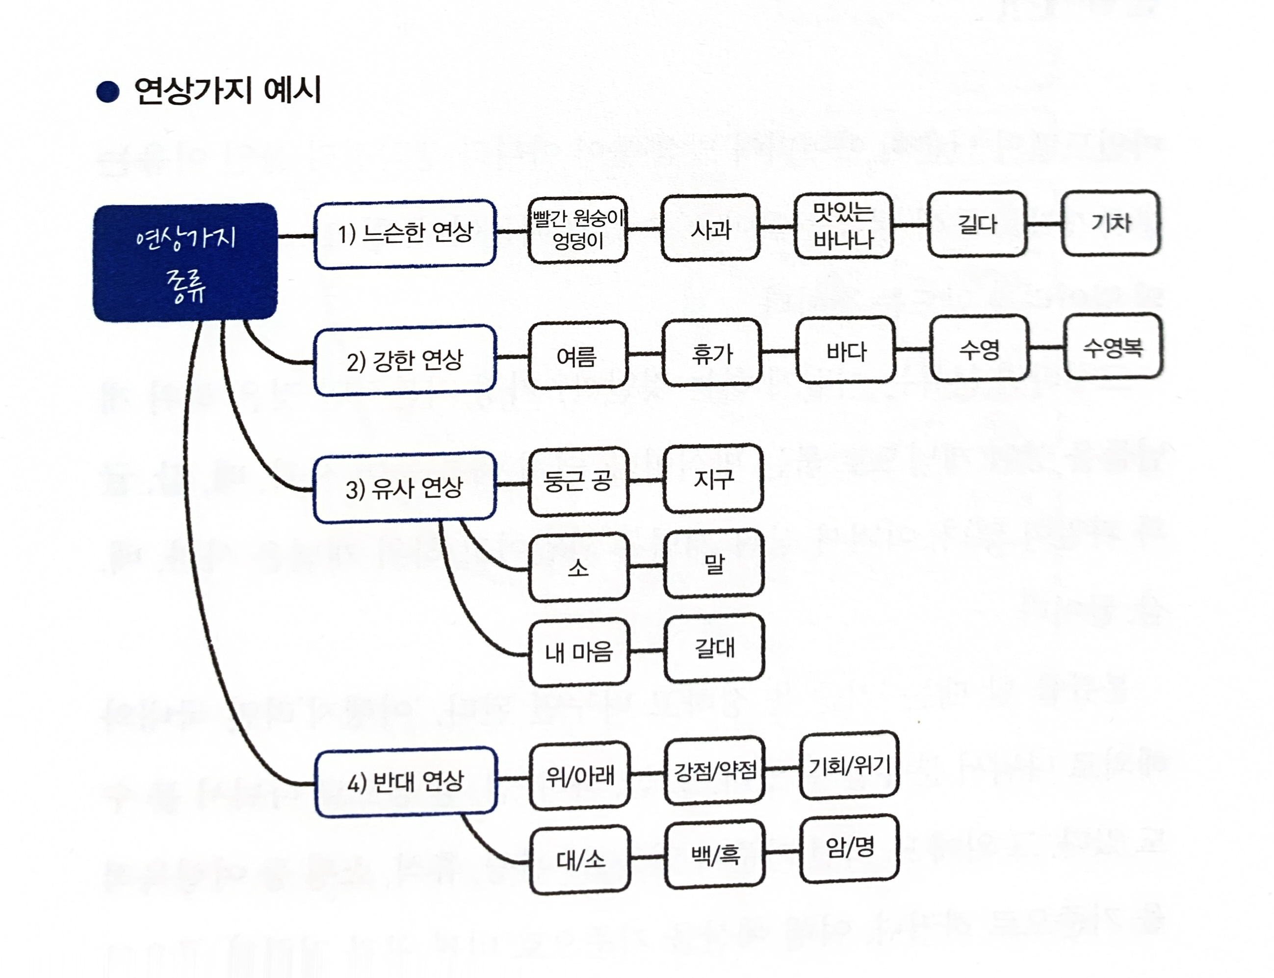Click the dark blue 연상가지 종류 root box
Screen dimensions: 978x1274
pos(185,262)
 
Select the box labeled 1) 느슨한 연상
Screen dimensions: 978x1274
pos(405,234)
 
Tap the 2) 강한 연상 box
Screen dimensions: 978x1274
pos(405,360)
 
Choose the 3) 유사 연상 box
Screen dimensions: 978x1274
pos(405,487)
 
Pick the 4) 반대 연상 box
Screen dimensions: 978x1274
pos(405,781)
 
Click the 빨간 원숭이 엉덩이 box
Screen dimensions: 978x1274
pos(577,230)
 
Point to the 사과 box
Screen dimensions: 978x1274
pos(710,228)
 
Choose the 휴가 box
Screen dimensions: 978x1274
pos(711,353)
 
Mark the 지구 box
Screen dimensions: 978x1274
pos(713,479)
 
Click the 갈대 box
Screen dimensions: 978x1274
pos(714,647)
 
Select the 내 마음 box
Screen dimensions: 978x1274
pos(579,652)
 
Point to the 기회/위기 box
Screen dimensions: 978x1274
pos(850,766)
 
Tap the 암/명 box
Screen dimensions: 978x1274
pos(850,848)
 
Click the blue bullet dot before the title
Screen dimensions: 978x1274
pos(108,92)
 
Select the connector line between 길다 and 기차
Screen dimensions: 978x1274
pos(1044,224)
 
